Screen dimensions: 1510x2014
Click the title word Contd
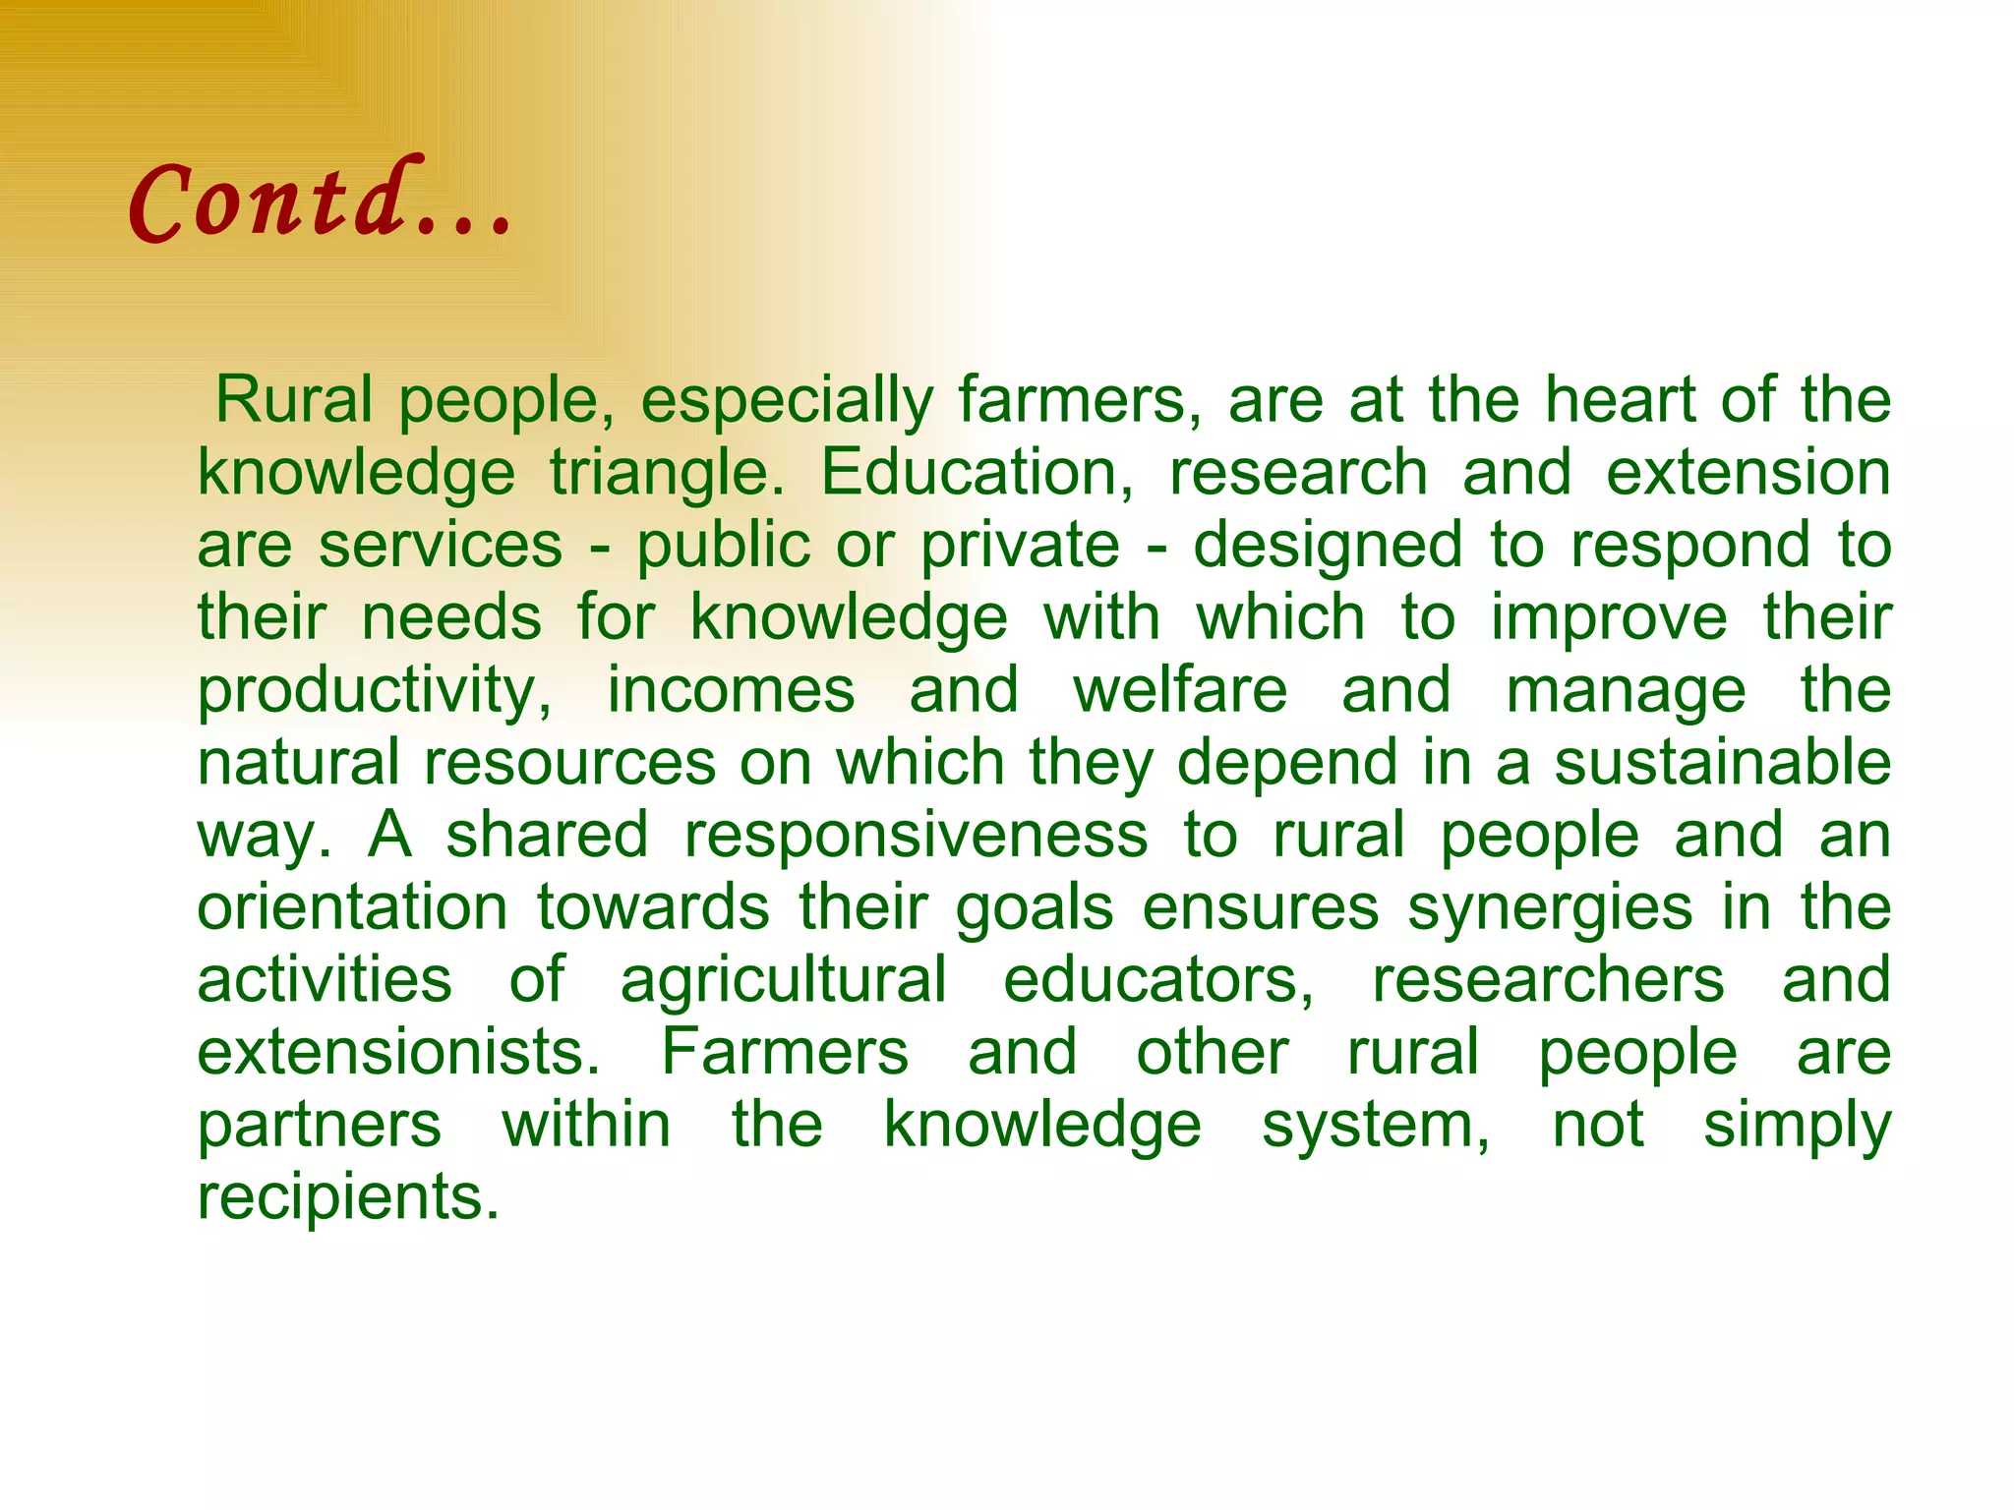(320, 201)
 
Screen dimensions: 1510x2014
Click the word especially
(787, 401)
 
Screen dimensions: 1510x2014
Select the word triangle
(667, 474)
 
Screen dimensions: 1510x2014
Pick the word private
(1020, 547)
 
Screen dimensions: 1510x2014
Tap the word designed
(1329, 547)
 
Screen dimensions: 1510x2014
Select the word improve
(1609, 619)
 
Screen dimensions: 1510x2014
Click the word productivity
(375, 691)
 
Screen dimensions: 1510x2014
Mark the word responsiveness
(916, 836)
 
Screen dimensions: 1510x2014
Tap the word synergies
(1550, 908)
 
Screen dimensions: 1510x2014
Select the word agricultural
(784, 981)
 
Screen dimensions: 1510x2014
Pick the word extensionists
(399, 1052)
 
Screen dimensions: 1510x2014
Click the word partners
(320, 1126)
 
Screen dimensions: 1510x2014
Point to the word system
(1376, 1126)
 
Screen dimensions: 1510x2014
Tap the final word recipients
(348, 1197)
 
